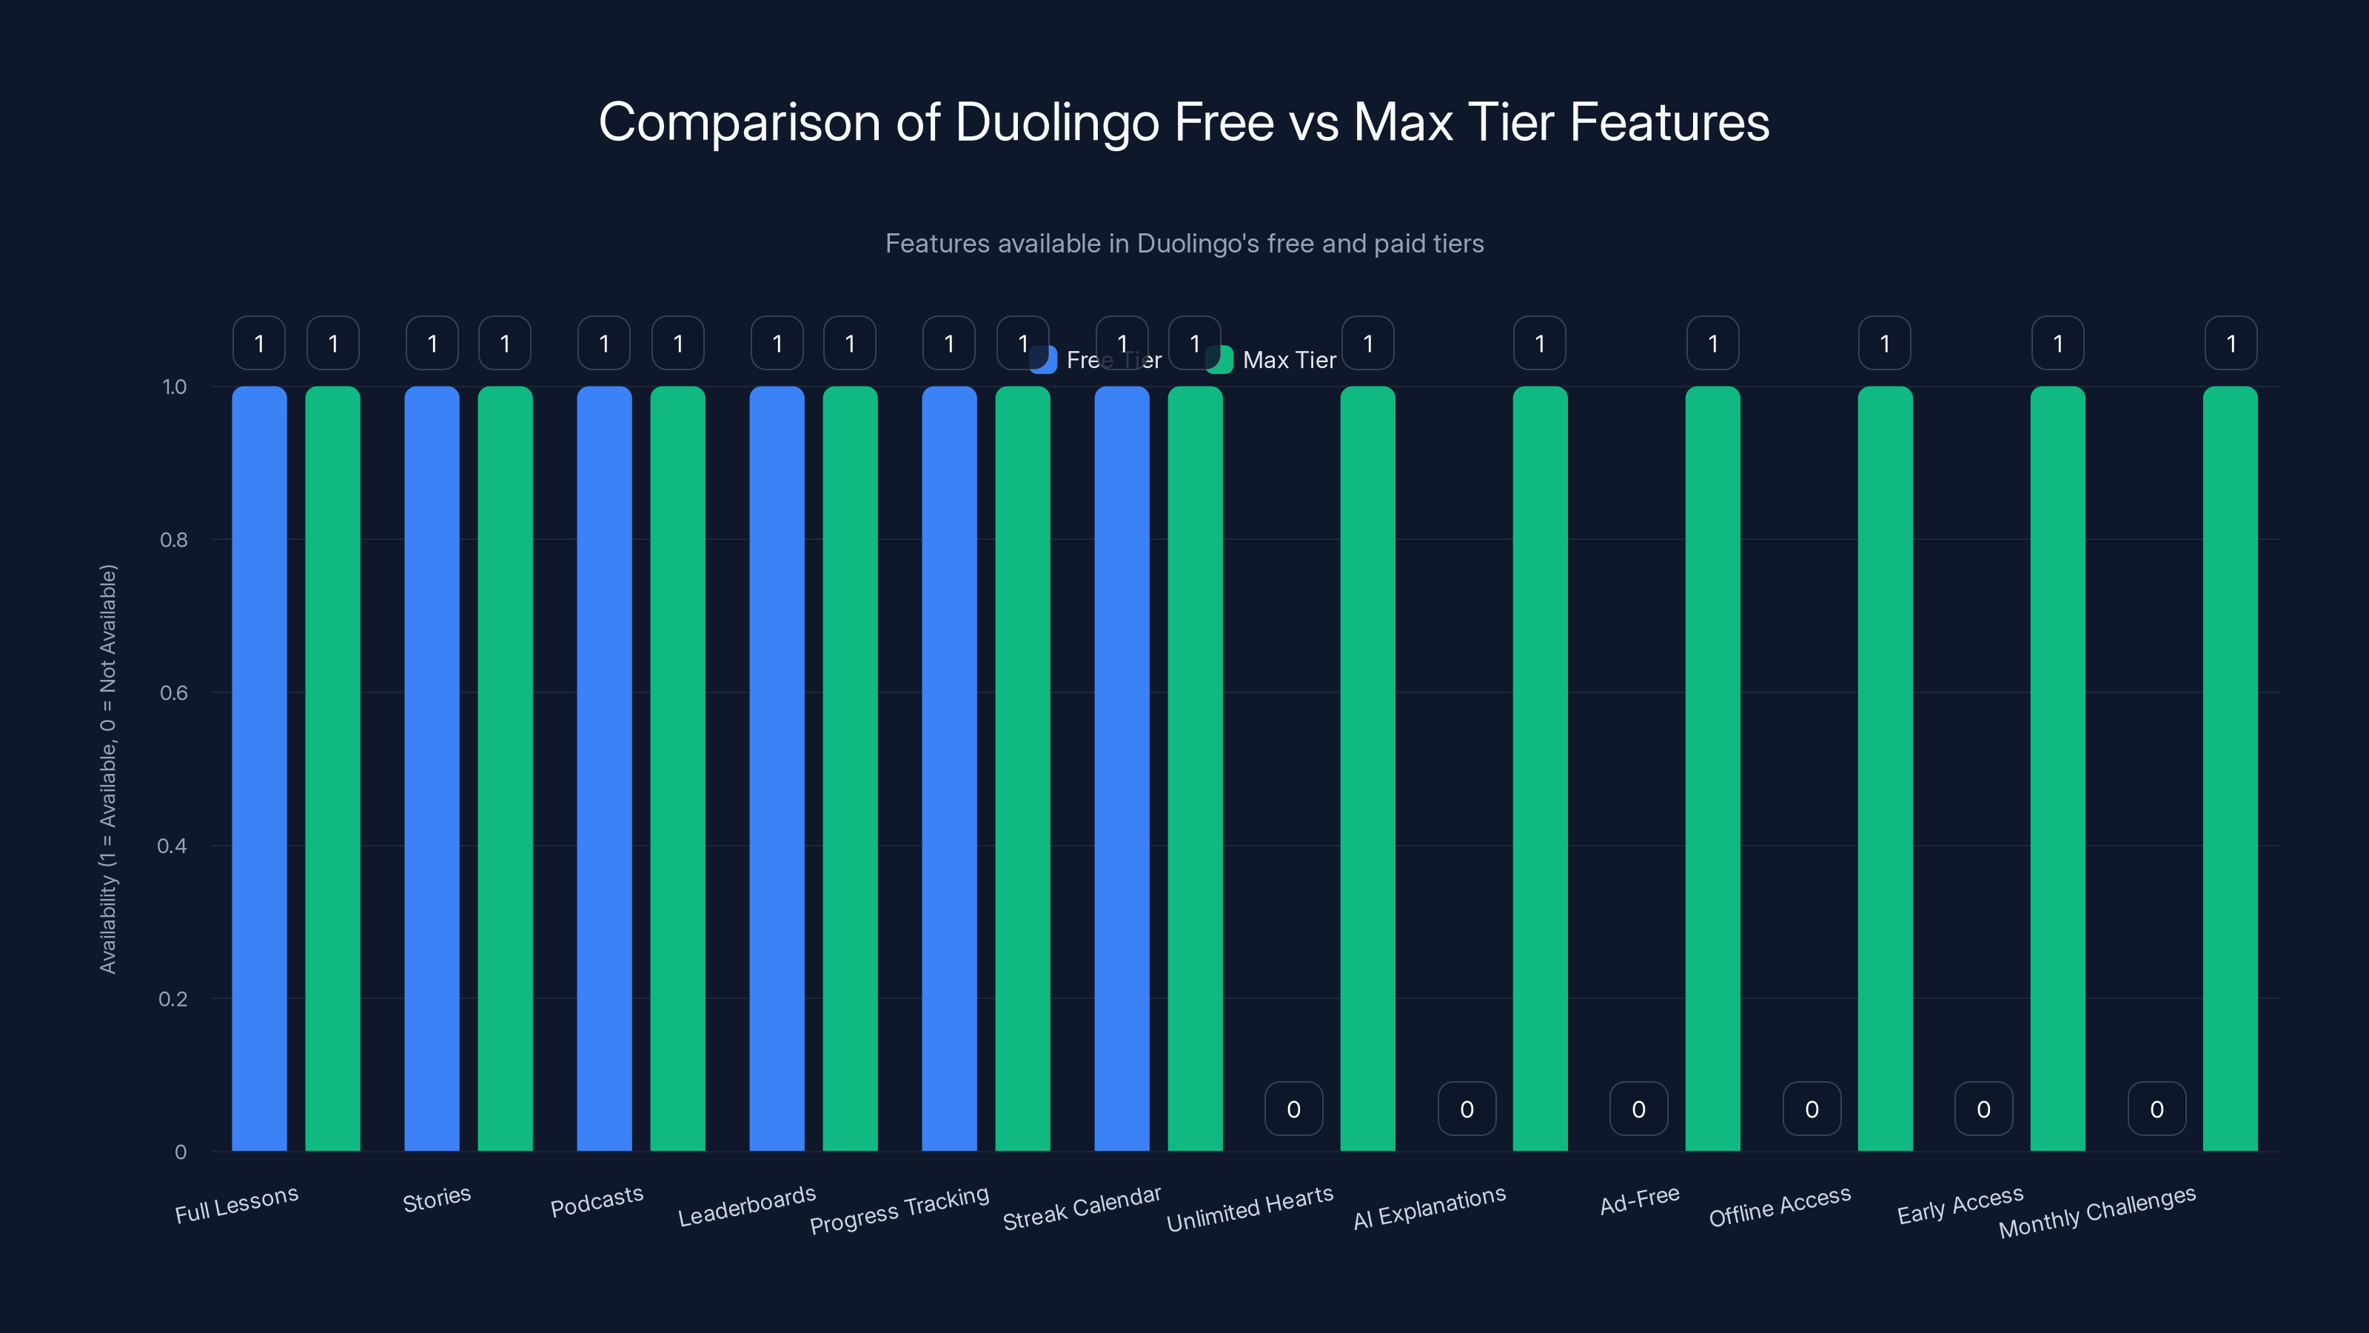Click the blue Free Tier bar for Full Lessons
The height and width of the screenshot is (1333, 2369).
[259, 768]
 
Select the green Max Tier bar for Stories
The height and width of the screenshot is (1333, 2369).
[505, 768]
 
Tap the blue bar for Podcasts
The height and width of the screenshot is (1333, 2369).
[604, 768]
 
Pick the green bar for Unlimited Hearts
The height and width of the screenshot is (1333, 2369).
[1367, 768]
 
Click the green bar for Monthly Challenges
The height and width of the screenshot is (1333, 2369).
[2230, 768]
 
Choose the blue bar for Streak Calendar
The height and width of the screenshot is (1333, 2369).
[1122, 768]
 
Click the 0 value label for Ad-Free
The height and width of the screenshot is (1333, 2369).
[1639, 1109]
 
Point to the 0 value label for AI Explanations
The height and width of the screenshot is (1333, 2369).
[1467, 1109]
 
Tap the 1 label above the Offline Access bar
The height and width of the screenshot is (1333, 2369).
[1884, 343]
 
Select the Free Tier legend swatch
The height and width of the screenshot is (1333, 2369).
[1043, 360]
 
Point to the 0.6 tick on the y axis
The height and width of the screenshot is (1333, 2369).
[174, 692]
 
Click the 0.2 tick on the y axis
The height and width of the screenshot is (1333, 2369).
[173, 999]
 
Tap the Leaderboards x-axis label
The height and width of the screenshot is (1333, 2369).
[747, 1206]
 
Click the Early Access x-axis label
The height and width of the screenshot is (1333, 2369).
[1960, 1205]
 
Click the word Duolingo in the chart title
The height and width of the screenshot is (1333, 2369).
[1056, 122]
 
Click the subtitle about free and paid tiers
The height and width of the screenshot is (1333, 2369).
[1184, 244]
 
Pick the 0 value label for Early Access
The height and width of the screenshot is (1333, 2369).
[1984, 1109]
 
